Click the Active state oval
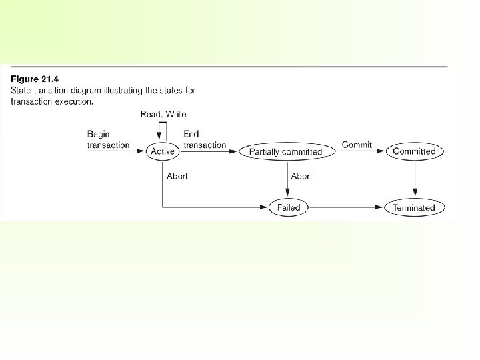pyautogui.click(x=163, y=151)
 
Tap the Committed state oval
pyautogui.click(x=414, y=151)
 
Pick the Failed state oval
pyautogui.click(x=289, y=207)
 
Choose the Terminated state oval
pyautogui.click(x=414, y=207)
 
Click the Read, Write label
pyautogui.click(x=163, y=115)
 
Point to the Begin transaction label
pyautogui.click(x=108, y=140)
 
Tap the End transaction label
pyautogui.click(x=204, y=140)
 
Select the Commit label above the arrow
pyautogui.click(x=357, y=145)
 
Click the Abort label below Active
pyautogui.click(x=177, y=176)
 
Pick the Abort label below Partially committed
pyautogui.click(x=301, y=176)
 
